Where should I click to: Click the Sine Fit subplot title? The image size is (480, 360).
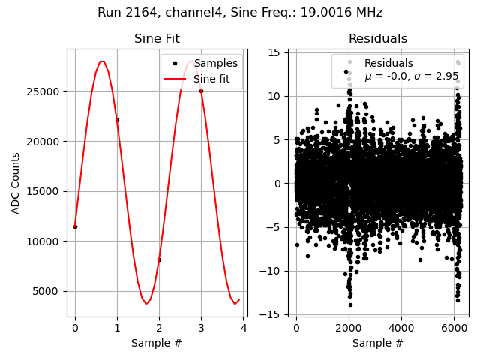click(x=157, y=39)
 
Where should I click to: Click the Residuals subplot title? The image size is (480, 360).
click(x=378, y=39)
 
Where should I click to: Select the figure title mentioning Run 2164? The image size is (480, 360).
click(x=240, y=13)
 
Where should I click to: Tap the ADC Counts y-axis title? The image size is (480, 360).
click(x=16, y=183)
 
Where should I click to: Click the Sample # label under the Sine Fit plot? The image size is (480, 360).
click(x=157, y=343)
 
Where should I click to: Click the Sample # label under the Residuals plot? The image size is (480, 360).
click(x=378, y=343)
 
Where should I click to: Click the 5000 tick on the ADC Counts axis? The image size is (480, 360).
click(x=49, y=291)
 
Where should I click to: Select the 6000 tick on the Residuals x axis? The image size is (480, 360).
click(x=454, y=328)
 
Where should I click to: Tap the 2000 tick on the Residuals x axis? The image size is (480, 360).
click(x=349, y=328)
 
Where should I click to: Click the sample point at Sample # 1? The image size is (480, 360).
click(x=117, y=120)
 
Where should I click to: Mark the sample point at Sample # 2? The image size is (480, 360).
click(x=159, y=259)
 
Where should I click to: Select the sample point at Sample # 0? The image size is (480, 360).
click(x=75, y=226)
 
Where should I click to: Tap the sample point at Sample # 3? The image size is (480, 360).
click(x=201, y=91)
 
